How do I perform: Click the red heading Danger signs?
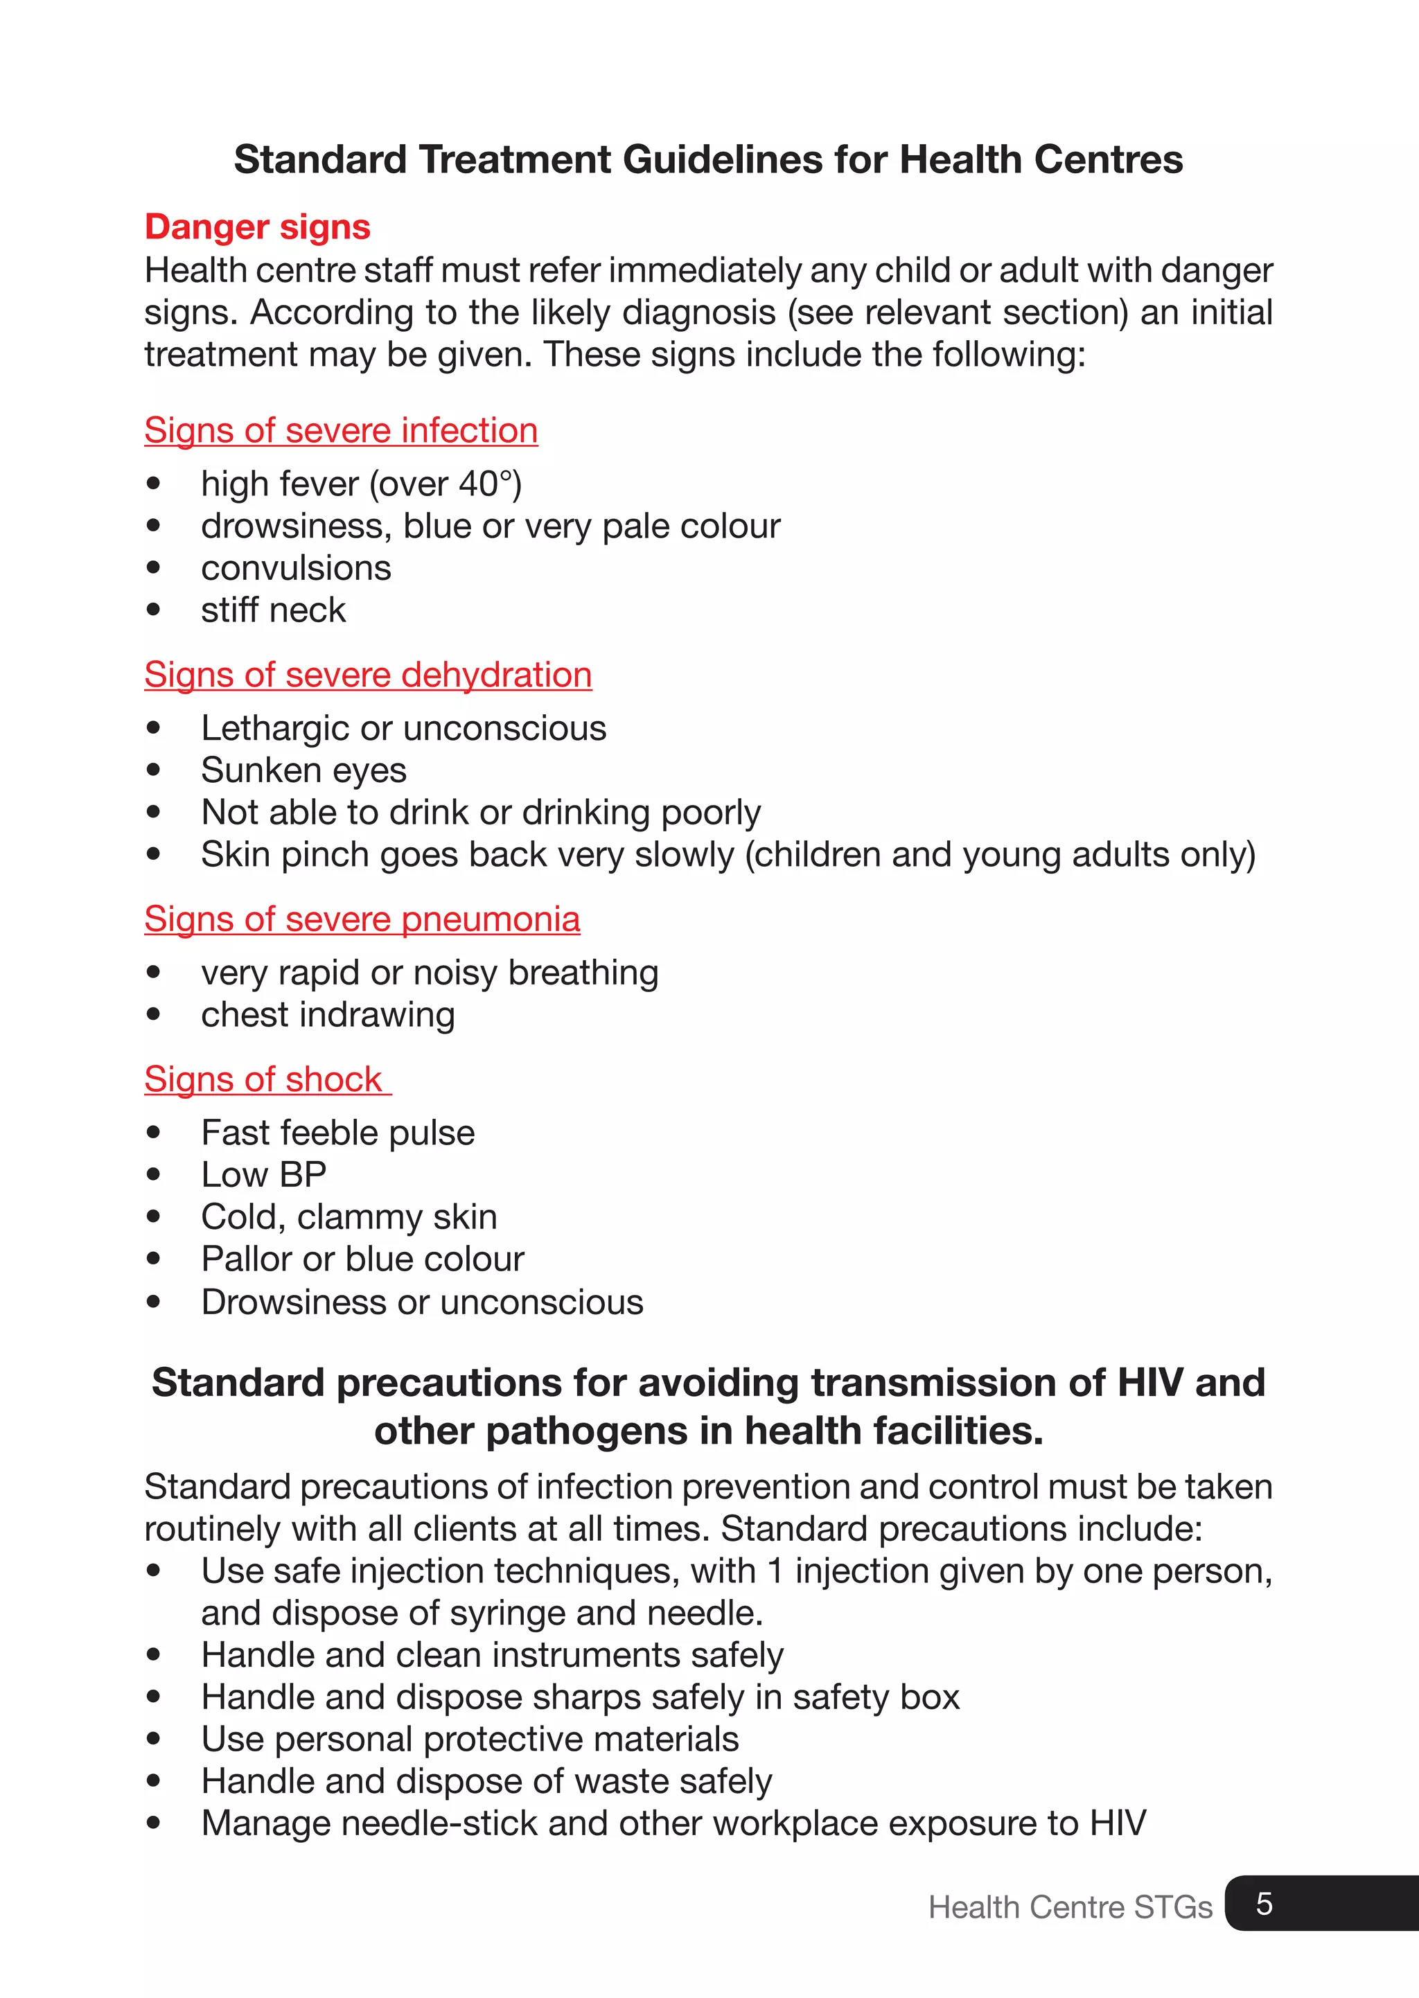pos(257,227)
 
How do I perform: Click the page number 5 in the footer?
pos(1264,1903)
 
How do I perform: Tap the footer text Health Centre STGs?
pos(1070,1907)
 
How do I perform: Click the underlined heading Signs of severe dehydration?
pos(368,675)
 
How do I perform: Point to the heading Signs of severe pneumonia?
pos(362,919)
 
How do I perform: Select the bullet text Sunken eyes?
pos(303,770)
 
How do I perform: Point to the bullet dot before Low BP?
pos(154,1175)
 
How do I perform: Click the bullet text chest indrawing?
pos(328,1015)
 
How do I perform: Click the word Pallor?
pos(247,1259)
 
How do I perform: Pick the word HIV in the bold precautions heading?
pos(1151,1383)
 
